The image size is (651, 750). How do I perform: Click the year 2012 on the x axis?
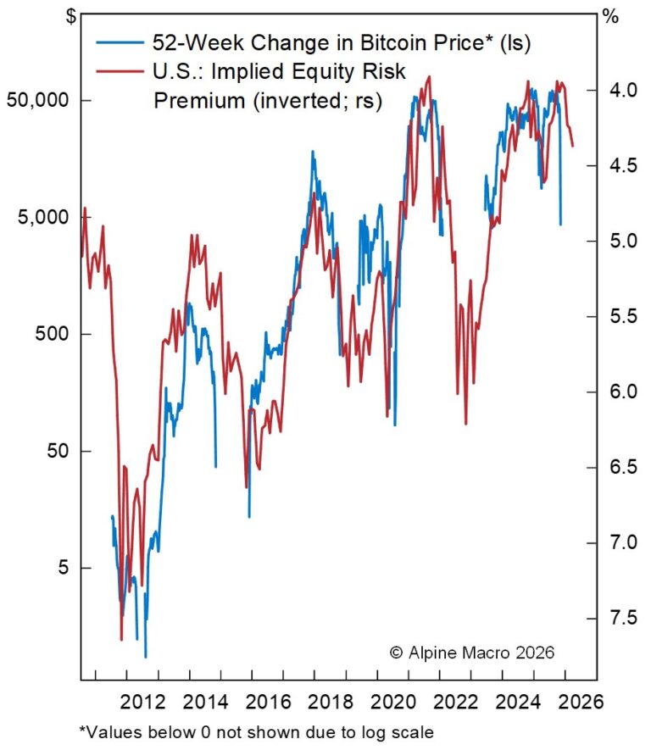click(x=142, y=702)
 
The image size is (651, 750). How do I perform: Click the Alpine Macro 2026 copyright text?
click(x=471, y=653)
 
